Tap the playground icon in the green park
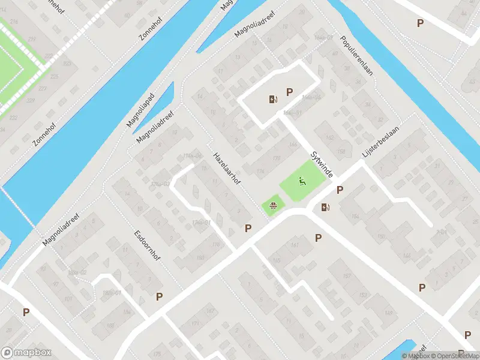tap(302, 181)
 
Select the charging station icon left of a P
tap(274, 100)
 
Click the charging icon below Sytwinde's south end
tap(325, 208)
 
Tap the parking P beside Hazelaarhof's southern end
tap(248, 228)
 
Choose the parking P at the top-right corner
tap(420, 23)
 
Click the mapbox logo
tap(26, 353)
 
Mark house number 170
tap(276, 158)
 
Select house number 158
tap(341, 152)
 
